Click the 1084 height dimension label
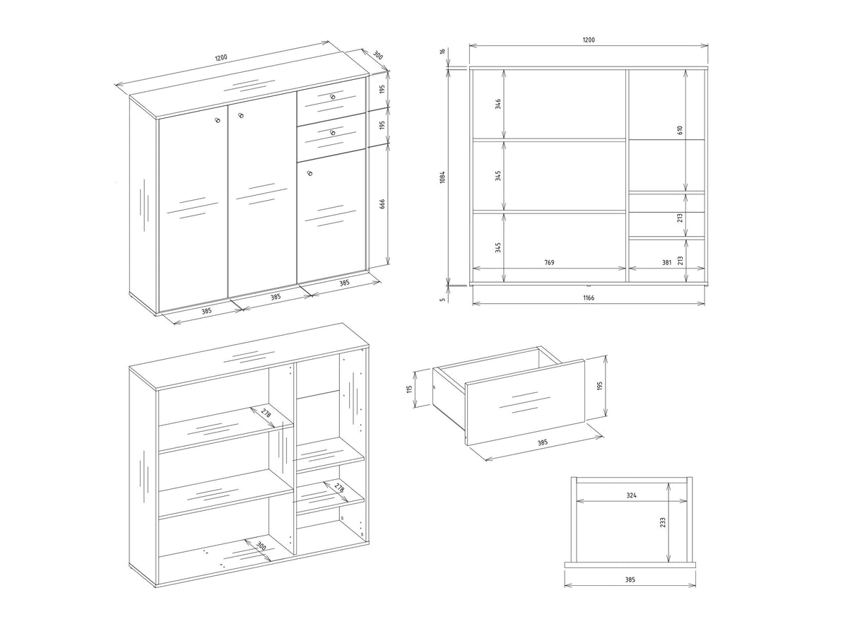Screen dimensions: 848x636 442,177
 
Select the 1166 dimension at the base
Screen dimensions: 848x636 589,298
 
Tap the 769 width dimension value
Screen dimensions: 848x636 549,263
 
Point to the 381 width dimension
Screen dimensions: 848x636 667,263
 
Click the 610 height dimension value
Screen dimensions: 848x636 680,130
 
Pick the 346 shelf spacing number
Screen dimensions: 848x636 498,104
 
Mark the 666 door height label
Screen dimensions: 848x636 382,204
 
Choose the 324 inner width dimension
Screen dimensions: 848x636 631,495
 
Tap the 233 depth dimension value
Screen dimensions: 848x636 663,522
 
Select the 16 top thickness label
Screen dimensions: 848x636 443,51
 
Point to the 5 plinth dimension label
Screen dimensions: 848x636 443,299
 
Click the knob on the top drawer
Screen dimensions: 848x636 333,97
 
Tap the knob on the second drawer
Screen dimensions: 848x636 333,133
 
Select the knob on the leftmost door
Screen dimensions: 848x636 218,120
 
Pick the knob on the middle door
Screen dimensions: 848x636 241,115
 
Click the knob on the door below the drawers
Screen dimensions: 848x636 309,173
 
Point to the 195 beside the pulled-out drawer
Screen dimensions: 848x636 599,386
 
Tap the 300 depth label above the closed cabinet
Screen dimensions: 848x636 378,55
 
